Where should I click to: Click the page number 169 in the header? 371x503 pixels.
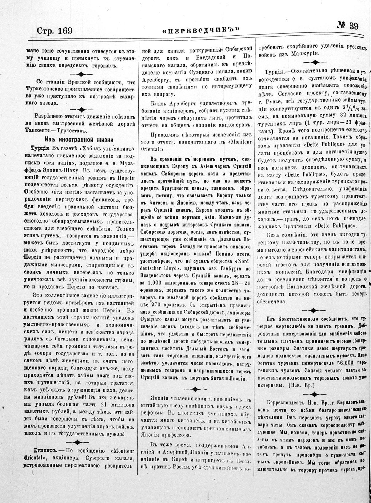(64, 31)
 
